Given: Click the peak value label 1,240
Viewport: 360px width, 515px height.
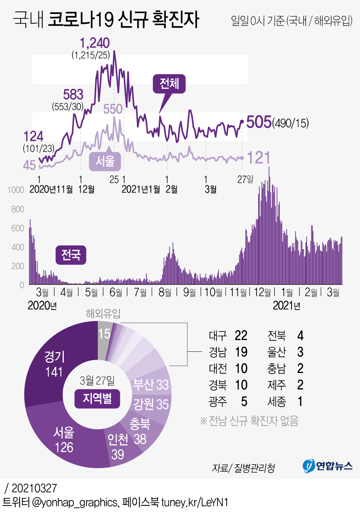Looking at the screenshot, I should click(x=95, y=43).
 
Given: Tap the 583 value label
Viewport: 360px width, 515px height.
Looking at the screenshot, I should click(x=73, y=95).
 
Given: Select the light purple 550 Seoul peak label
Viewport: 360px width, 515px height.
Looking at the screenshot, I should click(x=113, y=109).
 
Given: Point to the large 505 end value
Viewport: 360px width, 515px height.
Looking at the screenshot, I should click(x=259, y=122).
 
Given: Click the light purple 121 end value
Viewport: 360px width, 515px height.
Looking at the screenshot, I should click(x=259, y=158).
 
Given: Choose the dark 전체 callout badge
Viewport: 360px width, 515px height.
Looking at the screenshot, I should click(x=169, y=84).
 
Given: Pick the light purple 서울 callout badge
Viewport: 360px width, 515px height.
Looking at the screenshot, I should click(x=105, y=161).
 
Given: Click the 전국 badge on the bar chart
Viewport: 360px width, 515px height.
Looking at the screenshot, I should click(x=71, y=255).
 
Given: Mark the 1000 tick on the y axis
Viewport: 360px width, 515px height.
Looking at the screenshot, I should click(x=16, y=190).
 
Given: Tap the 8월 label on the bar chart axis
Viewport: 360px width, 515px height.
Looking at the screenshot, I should click(x=165, y=293).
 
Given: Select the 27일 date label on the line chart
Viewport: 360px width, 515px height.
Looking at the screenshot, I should click(x=245, y=179).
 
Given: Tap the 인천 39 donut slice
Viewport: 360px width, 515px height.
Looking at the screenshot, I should click(x=118, y=447).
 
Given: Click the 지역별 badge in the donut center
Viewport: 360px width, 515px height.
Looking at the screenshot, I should click(x=97, y=398).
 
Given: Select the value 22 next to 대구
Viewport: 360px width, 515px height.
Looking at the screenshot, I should click(x=241, y=336).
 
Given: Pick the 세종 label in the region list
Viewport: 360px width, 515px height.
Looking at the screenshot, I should click(x=277, y=402).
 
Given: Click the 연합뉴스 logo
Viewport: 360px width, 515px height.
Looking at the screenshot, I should click(x=328, y=466).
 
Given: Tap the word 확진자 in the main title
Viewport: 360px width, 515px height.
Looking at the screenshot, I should click(x=176, y=20).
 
